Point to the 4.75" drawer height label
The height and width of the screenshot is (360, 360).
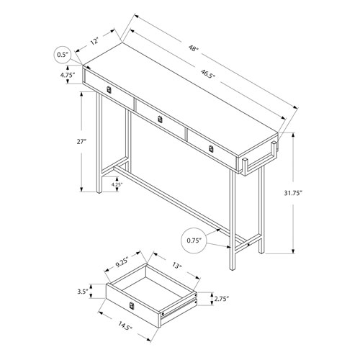point(68,75)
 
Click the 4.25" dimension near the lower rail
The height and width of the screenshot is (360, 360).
point(116,185)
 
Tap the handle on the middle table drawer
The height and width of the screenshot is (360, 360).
point(161,118)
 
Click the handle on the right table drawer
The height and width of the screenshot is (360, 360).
point(210,148)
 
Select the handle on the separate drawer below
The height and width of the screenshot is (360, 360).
point(131,308)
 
